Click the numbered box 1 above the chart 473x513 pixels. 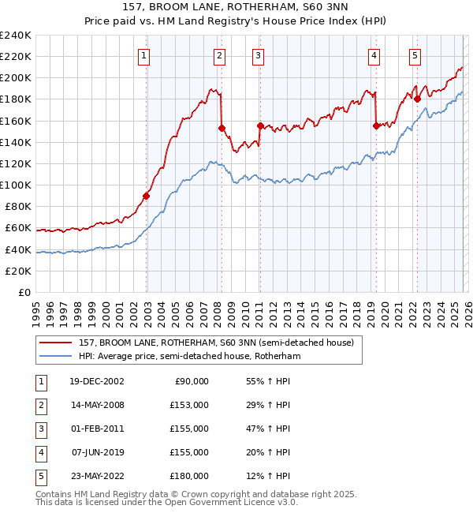click(x=146, y=55)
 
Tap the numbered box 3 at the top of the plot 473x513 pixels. click(x=259, y=55)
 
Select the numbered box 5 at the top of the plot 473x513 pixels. click(x=415, y=55)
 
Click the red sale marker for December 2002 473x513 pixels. click(x=147, y=196)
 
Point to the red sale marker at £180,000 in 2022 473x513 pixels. click(x=417, y=99)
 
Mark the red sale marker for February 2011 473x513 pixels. click(x=260, y=125)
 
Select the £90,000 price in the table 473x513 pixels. click(x=189, y=380)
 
